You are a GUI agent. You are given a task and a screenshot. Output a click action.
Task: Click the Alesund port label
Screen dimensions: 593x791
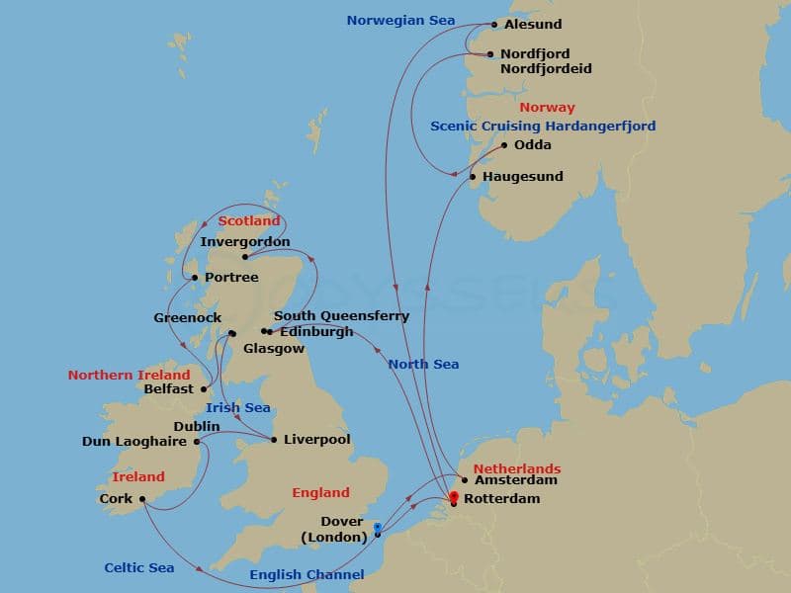pos(535,25)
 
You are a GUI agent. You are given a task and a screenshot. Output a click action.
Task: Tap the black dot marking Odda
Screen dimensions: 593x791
pos(504,145)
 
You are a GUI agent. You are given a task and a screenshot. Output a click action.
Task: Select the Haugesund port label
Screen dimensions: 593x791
pos(523,177)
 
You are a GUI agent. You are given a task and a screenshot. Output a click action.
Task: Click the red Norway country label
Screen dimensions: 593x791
pos(546,108)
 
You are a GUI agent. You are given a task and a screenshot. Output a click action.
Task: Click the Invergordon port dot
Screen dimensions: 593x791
pos(245,257)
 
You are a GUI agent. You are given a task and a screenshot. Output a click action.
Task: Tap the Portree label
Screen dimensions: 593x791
pos(231,278)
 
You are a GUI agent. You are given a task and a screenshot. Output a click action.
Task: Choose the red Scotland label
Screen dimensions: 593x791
pos(249,221)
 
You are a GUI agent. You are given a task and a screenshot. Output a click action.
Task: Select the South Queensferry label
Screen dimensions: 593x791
pos(341,316)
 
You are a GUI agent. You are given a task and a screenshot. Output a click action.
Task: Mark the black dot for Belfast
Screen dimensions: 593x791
pos(204,389)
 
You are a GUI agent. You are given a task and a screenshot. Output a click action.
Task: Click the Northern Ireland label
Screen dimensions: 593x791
pos(129,376)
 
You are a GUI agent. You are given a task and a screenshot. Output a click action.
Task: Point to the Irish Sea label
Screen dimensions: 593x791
pos(237,408)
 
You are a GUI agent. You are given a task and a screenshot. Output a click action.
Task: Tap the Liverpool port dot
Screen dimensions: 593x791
pos(274,440)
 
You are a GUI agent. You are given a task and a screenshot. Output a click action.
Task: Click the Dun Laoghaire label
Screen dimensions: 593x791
pos(136,441)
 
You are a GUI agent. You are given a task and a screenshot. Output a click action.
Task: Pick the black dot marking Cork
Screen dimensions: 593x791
pos(143,499)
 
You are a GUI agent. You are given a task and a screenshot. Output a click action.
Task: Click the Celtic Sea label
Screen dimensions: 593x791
pos(138,568)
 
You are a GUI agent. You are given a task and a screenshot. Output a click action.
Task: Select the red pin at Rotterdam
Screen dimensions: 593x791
pos(454,497)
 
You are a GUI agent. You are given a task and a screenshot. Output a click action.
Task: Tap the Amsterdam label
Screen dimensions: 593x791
pos(515,480)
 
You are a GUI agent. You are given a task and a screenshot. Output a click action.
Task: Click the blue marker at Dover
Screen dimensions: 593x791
pos(378,528)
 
